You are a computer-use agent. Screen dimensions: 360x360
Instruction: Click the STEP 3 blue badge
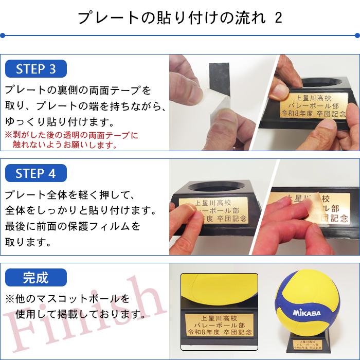click(36, 69)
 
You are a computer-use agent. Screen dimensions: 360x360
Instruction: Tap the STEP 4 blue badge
click(36, 173)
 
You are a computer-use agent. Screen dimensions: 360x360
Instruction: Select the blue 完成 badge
click(36, 278)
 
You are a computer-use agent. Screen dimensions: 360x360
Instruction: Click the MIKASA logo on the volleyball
click(307, 313)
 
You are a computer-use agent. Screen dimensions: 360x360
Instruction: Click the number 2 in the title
click(278, 18)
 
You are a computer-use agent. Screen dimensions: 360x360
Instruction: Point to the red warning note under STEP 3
click(72, 140)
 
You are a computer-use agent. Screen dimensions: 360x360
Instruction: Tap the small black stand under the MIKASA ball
click(307, 346)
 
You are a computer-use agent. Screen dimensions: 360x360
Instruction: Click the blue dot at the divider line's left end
click(3, 36)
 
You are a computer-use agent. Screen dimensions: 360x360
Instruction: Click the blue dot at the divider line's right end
click(357, 36)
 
